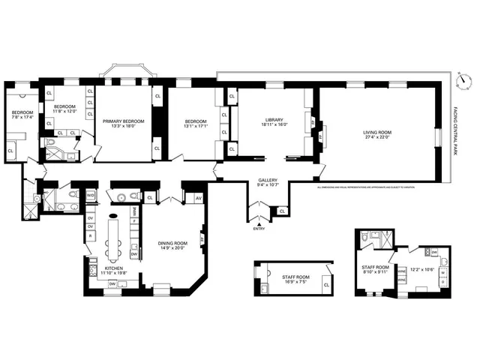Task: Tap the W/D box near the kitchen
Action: tap(91, 196)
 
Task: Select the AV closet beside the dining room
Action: tap(198, 198)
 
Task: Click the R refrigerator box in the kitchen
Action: tap(91, 235)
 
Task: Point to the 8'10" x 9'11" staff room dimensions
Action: tap(376, 272)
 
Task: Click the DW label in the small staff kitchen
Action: tap(434, 252)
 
